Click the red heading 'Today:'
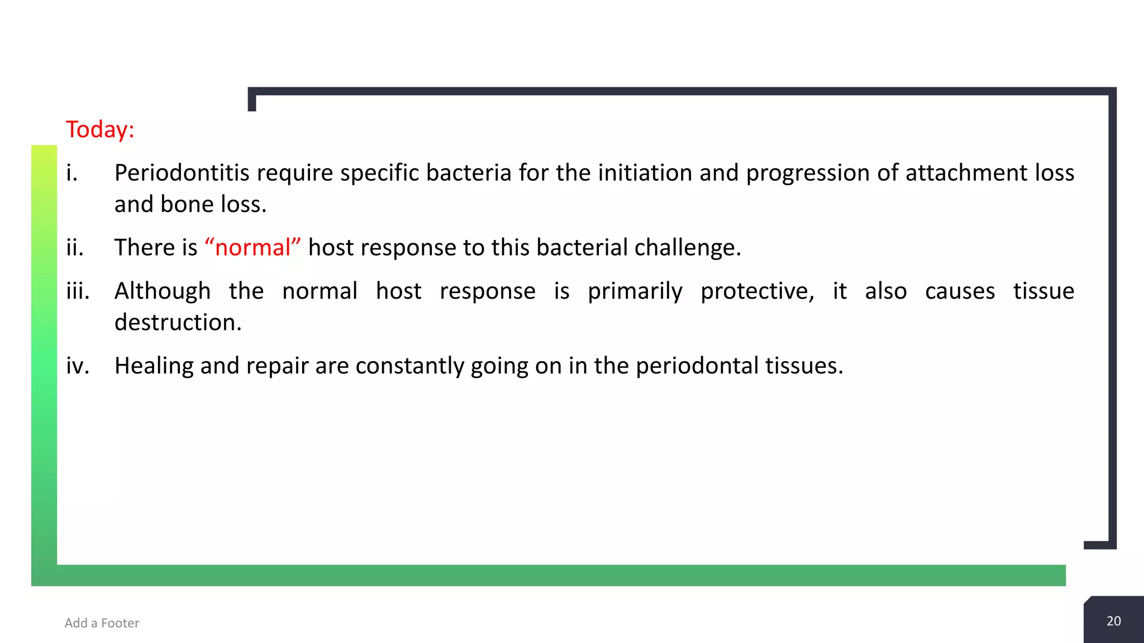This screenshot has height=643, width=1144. tap(100, 129)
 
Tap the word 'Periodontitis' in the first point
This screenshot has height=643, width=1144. tap(182, 173)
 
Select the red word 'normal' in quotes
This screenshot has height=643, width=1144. tap(252, 247)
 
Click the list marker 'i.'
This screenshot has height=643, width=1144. tap(71, 173)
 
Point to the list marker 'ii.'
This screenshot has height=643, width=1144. tap(75, 247)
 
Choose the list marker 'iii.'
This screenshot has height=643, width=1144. tap(78, 291)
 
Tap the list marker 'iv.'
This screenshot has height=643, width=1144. tap(78, 366)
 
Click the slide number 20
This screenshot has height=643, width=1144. tap(1113, 621)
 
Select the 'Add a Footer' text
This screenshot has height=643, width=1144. tap(102, 623)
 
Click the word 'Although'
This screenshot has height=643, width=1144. tap(163, 291)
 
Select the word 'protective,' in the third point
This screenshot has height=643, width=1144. tap(757, 291)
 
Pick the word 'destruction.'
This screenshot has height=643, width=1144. tap(178, 323)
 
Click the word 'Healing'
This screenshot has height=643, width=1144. tap(154, 366)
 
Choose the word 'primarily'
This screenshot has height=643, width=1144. tap(635, 291)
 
